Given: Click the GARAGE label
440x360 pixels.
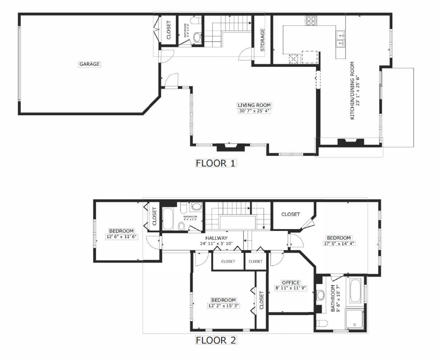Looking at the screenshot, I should click(89, 64).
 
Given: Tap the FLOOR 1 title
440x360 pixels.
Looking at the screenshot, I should click(216, 163).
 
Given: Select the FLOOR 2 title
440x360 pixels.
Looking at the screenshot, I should click(216, 340).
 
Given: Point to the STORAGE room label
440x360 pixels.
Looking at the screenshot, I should click(263, 40).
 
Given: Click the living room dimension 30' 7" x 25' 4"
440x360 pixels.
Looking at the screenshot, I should click(254, 111).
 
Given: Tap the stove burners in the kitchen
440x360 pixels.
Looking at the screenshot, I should click(311, 21).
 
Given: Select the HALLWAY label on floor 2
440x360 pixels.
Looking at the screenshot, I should click(216, 238).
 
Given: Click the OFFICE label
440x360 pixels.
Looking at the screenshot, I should click(291, 283).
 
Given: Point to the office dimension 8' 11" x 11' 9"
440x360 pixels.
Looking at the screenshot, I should click(291, 288).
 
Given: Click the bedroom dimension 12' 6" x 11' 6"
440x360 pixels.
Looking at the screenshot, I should click(121, 236).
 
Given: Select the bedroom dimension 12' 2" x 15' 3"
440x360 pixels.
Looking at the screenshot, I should click(223, 305).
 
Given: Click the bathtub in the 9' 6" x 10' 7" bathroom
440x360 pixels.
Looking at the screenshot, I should click(355, 291).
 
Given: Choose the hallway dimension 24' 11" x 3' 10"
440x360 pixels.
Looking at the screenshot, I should click(216, 243).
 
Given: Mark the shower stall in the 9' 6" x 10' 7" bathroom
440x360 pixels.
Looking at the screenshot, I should click(355, 318).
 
